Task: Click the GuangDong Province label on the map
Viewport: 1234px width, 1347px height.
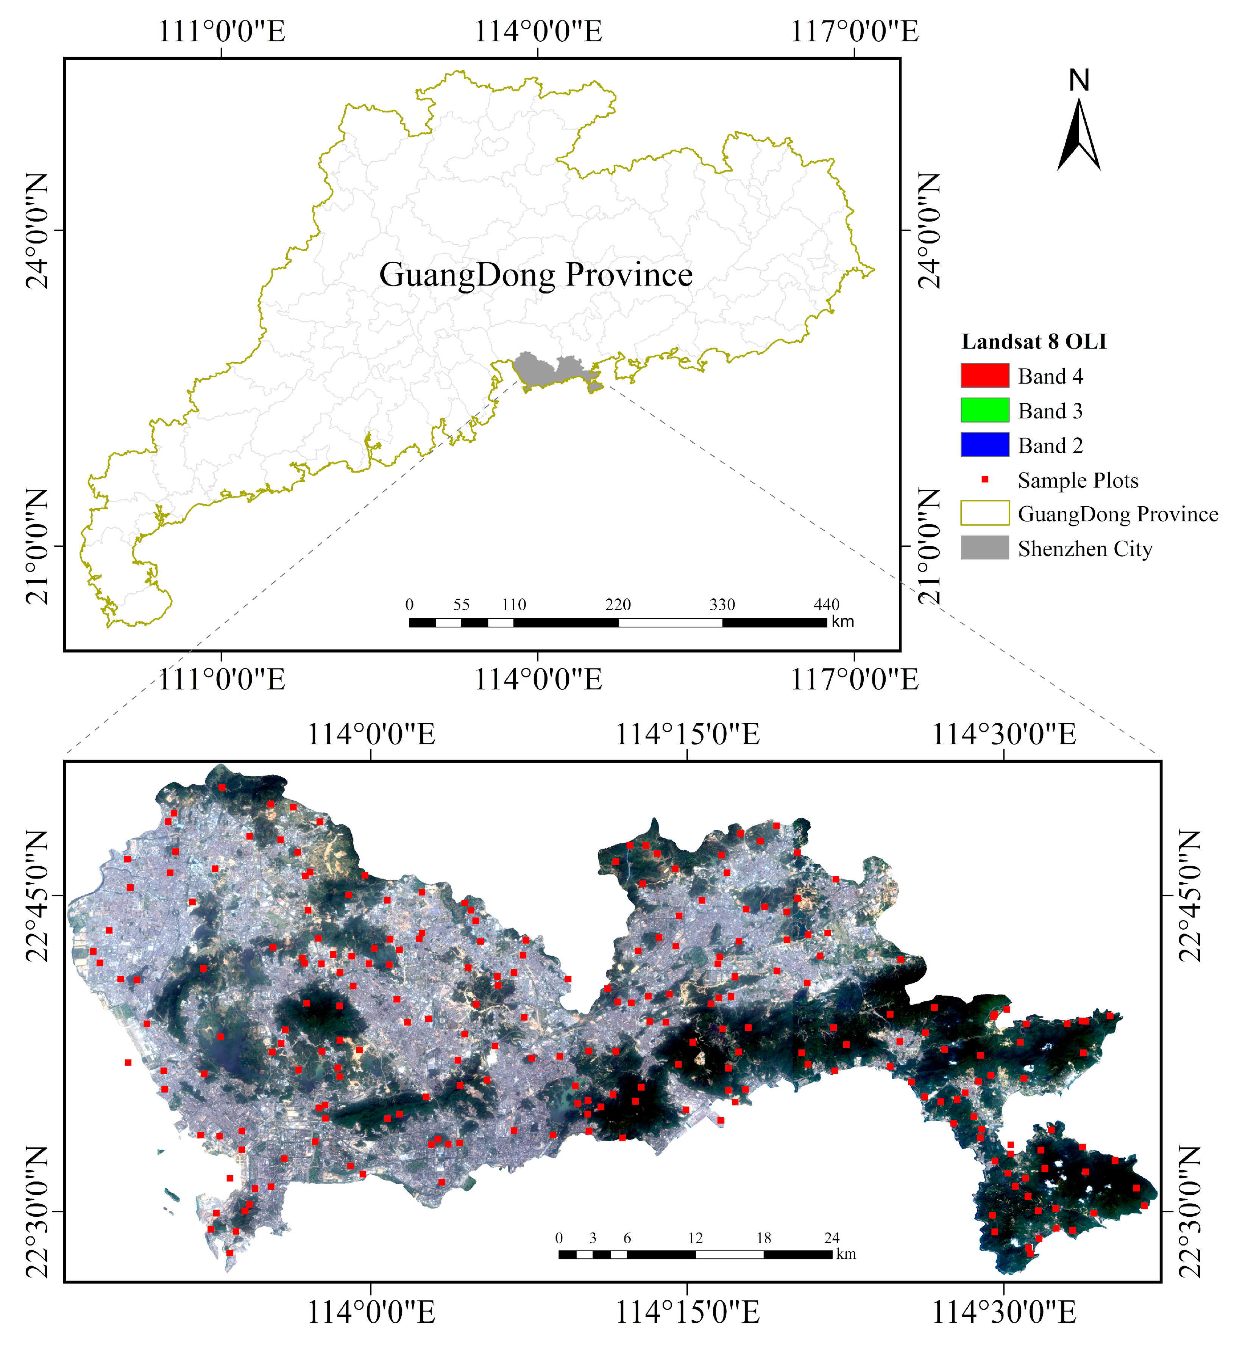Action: (x=536, y=275)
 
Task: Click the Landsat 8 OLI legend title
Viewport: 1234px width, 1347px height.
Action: (x=1034, y=342)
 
